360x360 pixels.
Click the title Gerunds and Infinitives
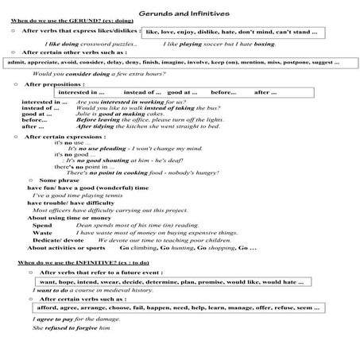coord(180,14)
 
